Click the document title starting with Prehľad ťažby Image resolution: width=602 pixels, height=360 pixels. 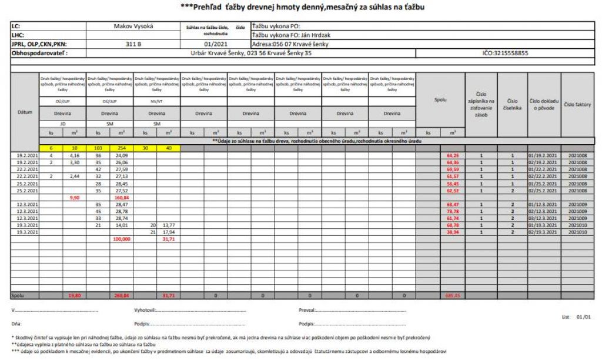pyautogui.click(x=301, y=7)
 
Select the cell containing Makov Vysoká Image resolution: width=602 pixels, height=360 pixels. pyautogui.click(x=132, y=26)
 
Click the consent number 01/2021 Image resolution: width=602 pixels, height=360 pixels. pyautogui.click(x=215, y=44)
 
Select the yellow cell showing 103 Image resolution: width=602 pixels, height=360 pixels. pyautogui.click(x=98, y=148)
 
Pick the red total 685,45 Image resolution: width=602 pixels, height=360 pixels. pyautogui.click(x=452, y=295)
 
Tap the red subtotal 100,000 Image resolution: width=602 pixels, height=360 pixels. pyautogui.click(x=121, y=239)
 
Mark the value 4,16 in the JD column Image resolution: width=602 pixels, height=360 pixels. pyautogui.click(x=75, y=155)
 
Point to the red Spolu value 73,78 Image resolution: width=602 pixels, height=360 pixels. pyautogui.click(x=452, y=211)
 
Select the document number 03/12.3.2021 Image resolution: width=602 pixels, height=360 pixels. pyautogui.click(x=544, y=218)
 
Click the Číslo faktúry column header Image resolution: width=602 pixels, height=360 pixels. pyautogui.click(x=577, y=104)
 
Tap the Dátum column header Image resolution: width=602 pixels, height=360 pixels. pyautogui.click(x=24, y=111)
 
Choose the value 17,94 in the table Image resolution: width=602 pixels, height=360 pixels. pyautogui.click(x=169, y=232)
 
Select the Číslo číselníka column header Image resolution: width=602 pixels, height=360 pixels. pyautogui.click(x=512, y=104)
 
